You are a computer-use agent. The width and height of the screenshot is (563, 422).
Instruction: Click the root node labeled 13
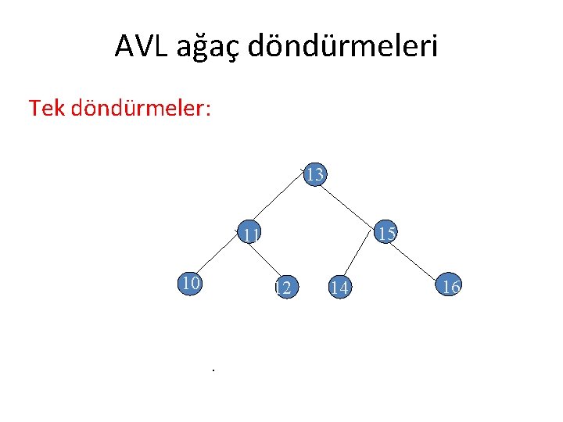[314, 174]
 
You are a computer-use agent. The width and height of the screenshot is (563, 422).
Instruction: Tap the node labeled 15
[385, 232]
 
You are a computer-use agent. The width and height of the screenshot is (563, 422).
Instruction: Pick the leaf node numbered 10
[190, 282]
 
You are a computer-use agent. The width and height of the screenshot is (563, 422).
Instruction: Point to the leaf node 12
[285, 288]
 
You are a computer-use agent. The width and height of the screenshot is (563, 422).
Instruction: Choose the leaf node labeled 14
[339, 288]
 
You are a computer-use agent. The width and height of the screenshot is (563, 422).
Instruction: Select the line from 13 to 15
[351, 203]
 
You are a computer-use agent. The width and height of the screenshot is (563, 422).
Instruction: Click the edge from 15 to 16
[418, 259]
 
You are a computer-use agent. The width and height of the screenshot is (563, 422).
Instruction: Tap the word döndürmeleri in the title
[343, 46]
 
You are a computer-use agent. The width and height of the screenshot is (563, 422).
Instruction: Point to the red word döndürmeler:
[139, 108]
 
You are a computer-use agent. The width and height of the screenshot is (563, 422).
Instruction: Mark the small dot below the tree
[212, 369]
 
